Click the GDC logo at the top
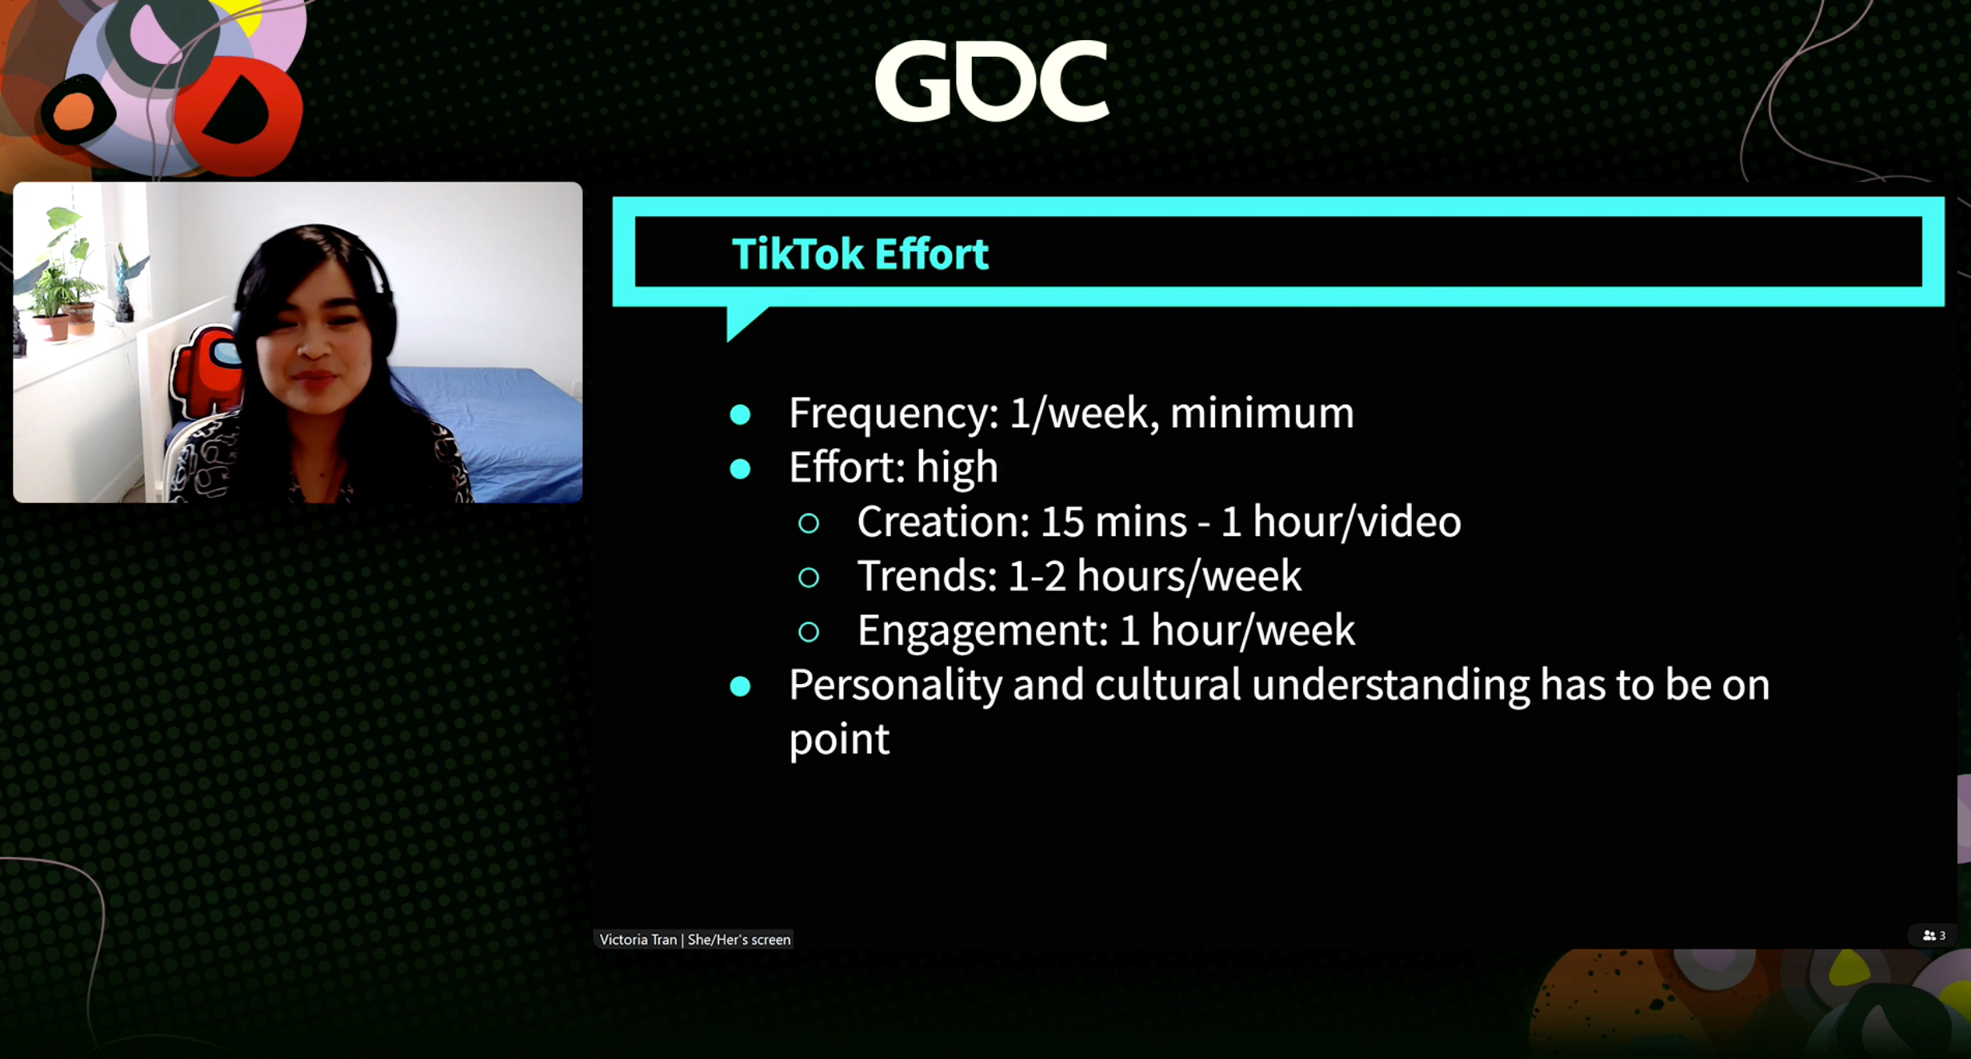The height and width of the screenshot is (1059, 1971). [x=992, y=81]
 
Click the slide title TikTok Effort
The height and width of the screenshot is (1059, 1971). [x=860, y=254]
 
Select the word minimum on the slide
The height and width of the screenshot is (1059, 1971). [x=1262, y=413]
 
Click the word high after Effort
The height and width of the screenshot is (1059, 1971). [x=957, y=468]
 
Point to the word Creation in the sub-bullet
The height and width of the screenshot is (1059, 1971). [x=943, y=522]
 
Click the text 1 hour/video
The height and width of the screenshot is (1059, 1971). [x=1341, y=522]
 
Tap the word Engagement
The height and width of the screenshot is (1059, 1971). [x=982, y=631]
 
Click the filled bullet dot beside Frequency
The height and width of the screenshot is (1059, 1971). [x=740, y=414]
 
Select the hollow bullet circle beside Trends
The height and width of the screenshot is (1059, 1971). [x=809, y=577]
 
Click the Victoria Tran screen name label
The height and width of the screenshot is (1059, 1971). [x=694, y=939]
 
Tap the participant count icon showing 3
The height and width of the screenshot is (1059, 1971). [x=1933, y=935]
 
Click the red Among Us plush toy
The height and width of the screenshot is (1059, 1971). [x=206, y=373]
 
